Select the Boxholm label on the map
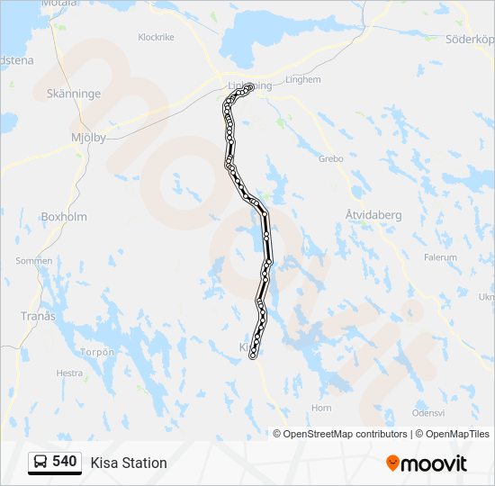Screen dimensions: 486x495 pos(63,216)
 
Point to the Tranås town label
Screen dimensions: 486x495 pos(38,316)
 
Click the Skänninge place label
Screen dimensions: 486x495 pos(73,93)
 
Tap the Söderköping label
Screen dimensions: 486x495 pos(471,40)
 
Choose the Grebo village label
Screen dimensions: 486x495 pos(331,158)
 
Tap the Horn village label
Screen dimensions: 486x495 pos(320,408)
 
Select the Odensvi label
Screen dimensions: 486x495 pos(428,412)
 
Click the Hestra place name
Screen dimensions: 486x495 pos(69,373)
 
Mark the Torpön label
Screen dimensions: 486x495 pos(98,352)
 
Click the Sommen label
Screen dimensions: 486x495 pos(34,261)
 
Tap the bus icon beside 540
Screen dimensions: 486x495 pos(40,463)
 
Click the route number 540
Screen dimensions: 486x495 pos(64,462)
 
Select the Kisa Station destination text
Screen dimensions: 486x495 pos(129,463)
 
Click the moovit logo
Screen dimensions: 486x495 pos(427,463)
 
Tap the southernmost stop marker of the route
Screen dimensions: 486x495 pos(253,356)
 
